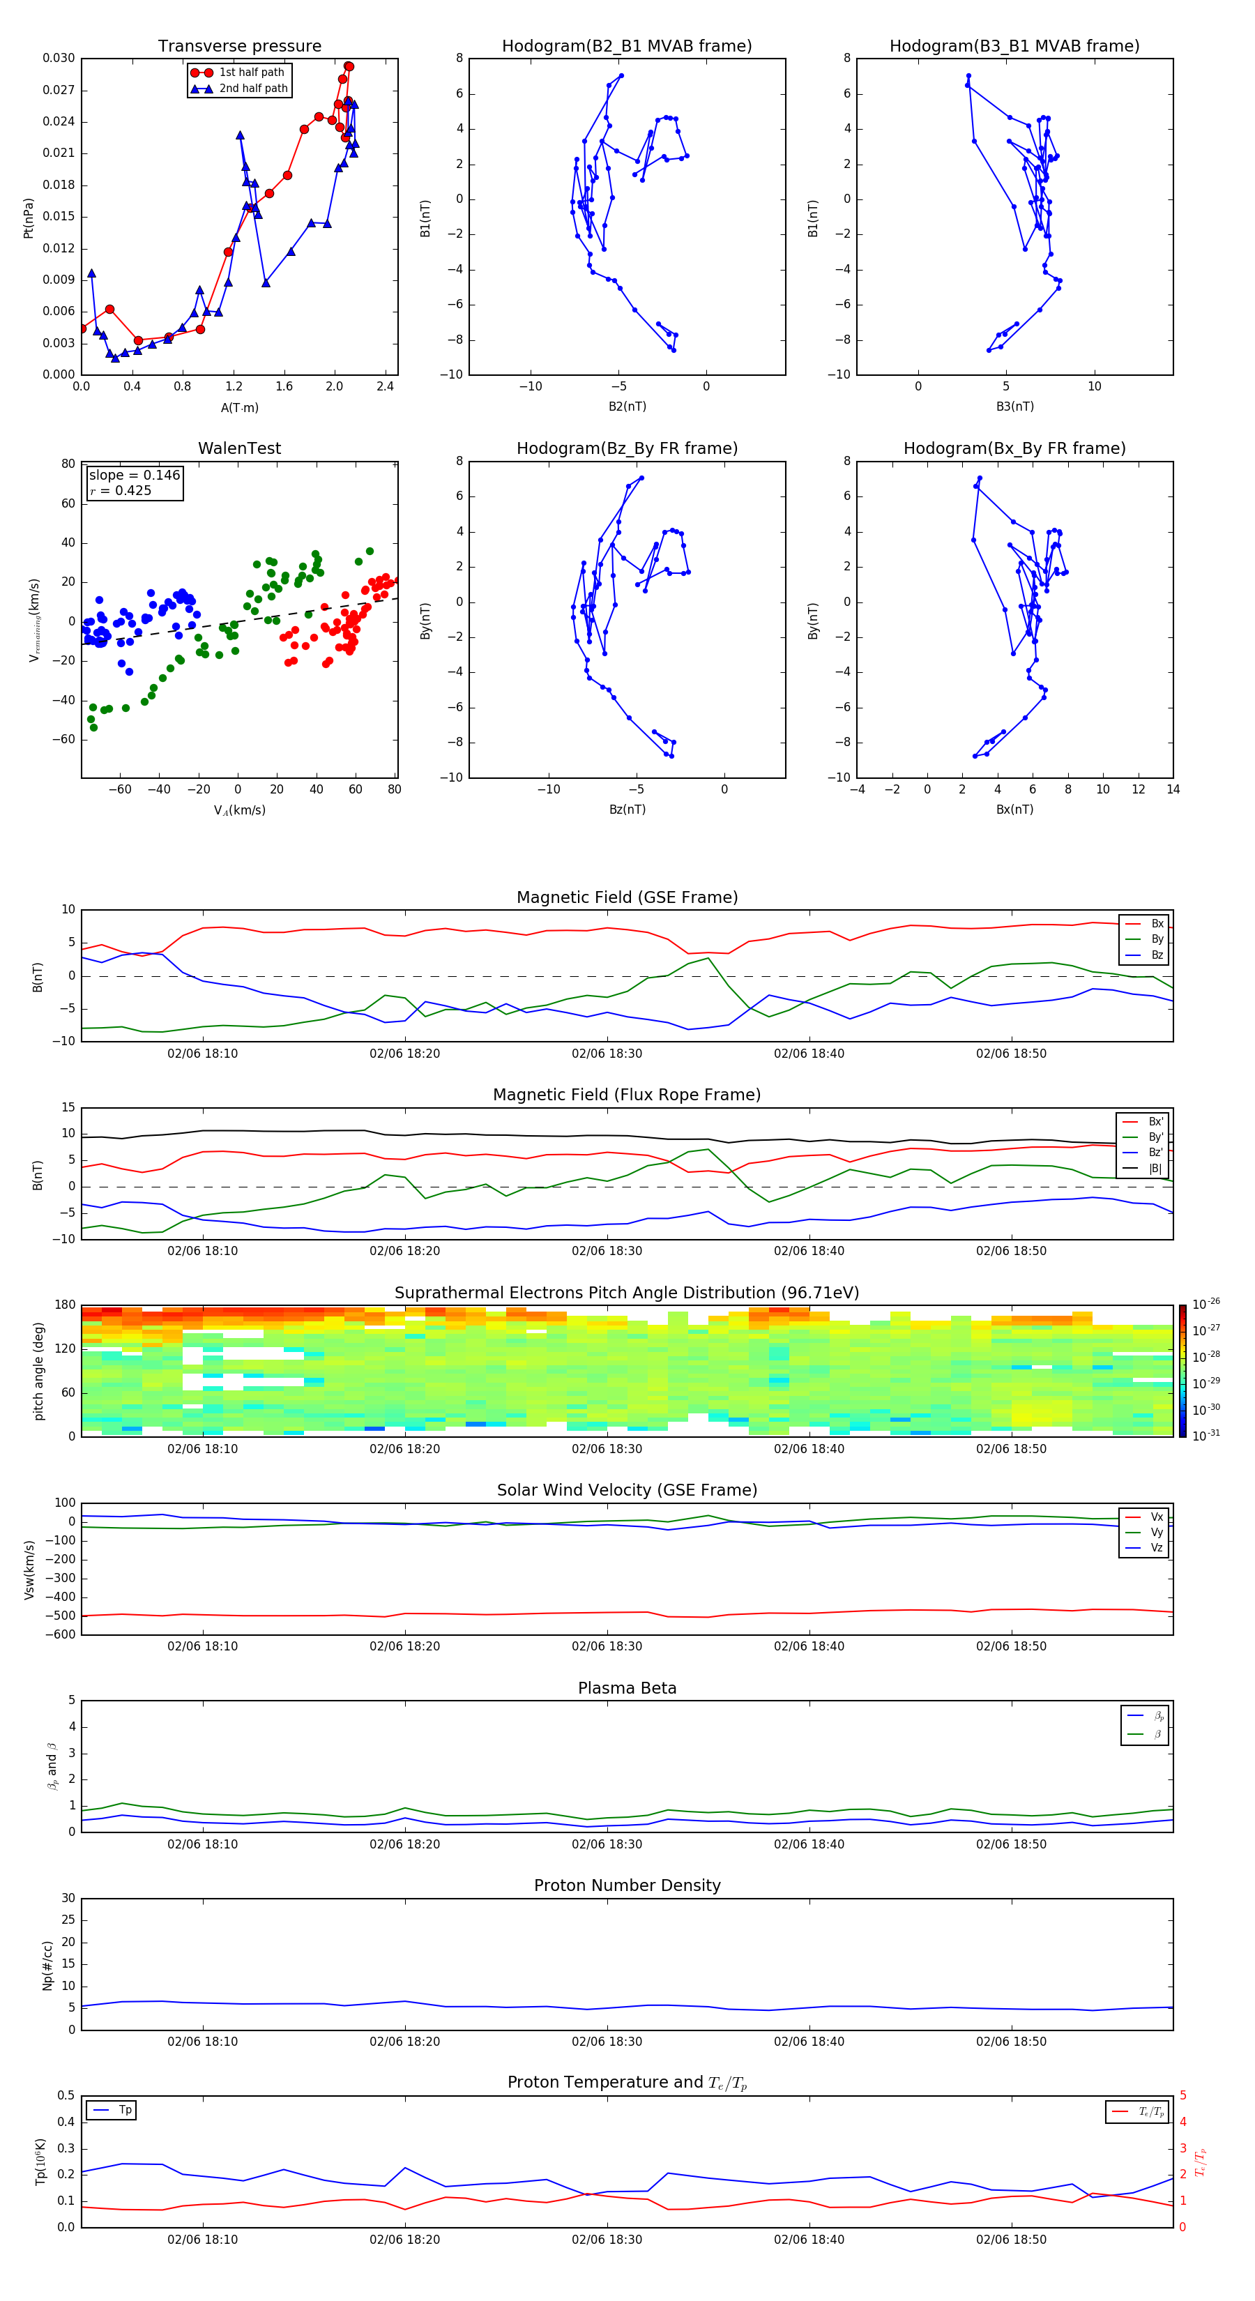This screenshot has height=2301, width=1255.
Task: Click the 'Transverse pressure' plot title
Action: pos(239,47)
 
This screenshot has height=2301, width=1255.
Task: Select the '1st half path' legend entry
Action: pos(251,73)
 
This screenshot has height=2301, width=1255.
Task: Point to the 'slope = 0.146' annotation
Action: pos(134,476)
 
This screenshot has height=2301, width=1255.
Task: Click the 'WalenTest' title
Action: pos(239,448)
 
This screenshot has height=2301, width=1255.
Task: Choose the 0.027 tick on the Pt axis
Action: pos(59,90)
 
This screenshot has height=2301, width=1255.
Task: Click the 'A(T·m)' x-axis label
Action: pos(239,408)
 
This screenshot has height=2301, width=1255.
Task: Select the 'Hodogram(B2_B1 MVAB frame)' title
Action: pos(626,47)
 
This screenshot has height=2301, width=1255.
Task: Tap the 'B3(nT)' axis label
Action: pos(1014,407)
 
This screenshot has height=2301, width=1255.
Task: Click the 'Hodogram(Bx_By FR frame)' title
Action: pos(1014,448)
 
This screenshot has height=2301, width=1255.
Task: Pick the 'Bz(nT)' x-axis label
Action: pos(627,810)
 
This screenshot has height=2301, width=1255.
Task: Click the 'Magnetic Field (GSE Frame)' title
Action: pos(627,897)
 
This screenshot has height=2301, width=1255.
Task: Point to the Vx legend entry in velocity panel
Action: pos(1156,1517)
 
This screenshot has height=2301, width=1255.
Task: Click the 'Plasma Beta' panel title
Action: pos(627,1688)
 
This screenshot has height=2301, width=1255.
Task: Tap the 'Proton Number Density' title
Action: pos(627,1885)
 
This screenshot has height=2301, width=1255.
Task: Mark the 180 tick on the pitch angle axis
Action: pos(66,1305)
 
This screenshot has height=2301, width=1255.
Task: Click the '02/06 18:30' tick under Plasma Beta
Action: pos(607,1844)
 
